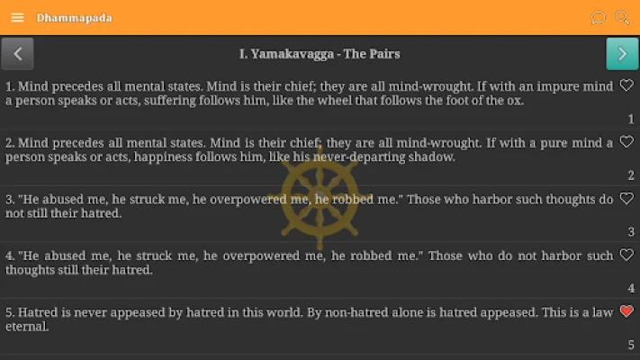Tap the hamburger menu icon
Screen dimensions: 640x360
[17, 18]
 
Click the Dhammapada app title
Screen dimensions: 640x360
[74, 18]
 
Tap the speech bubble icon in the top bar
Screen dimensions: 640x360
[598, 18]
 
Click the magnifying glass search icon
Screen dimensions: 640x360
[622, 18]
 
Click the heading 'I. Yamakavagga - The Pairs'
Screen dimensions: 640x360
[320, 54]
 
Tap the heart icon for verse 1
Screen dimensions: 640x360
[626, 85]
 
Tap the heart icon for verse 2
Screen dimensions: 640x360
[626, 141]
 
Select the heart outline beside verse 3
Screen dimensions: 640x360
[626, 198]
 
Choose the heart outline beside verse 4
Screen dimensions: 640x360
[626, 255]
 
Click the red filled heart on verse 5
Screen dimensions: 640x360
[626, 311]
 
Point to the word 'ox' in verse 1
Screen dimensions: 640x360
[513, 101]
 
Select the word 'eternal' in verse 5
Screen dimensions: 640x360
[26, 327]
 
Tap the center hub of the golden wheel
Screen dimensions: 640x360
[320, 196]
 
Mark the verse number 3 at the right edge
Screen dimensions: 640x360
[631, 232]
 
